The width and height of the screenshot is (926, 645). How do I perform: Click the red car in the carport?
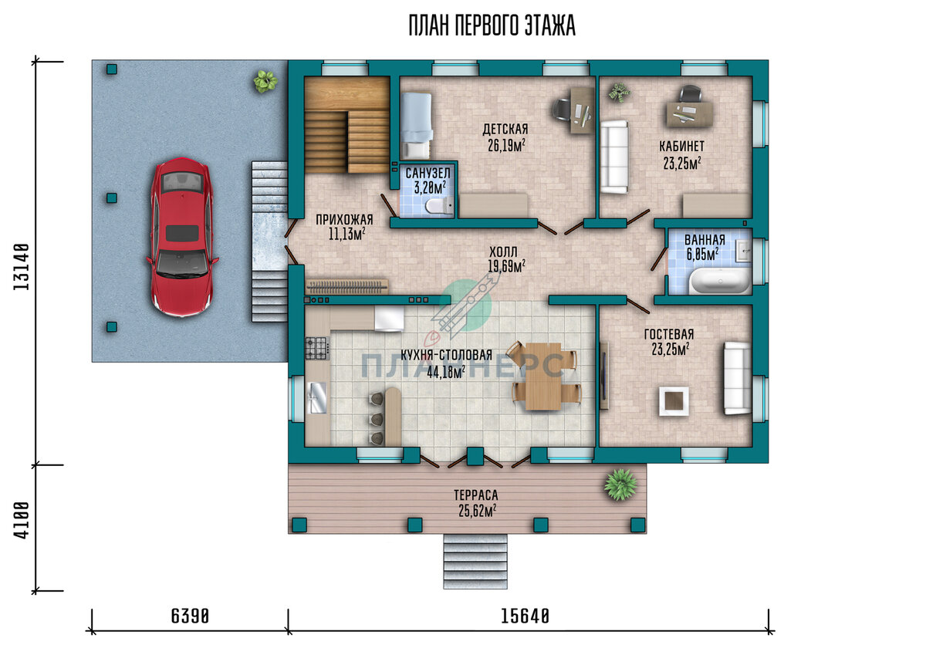(182, 237)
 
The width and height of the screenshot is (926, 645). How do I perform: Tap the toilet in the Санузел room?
(439, 205)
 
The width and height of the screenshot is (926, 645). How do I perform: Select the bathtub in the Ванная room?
(720, 281)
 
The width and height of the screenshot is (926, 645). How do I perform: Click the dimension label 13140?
(21, 267)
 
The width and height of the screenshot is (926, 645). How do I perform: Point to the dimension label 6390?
(190, 616)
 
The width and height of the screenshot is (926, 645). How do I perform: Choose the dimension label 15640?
(525, 616)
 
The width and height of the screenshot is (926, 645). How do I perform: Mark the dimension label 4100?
(21, 520)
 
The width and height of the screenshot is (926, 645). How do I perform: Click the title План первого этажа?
(492, 25)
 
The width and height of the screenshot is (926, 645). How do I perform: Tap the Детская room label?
(505, 130)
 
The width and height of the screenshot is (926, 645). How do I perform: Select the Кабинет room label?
(681, 147)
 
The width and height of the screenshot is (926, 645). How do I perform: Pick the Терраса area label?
(476, 495)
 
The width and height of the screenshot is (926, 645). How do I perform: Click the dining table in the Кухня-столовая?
(543, 376)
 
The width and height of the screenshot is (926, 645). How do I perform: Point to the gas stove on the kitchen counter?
(317, 348)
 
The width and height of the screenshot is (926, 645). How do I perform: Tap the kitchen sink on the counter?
(316, 397)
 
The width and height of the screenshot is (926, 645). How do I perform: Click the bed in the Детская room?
(416, 126)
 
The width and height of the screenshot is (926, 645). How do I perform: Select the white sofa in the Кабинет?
(614, 157)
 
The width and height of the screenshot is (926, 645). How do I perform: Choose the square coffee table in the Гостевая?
(674, 400)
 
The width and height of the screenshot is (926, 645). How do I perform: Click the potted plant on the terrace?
(620, 485)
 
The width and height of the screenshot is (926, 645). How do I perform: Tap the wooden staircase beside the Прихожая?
(347, 125)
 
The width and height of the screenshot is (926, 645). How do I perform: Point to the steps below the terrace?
(475, 561)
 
